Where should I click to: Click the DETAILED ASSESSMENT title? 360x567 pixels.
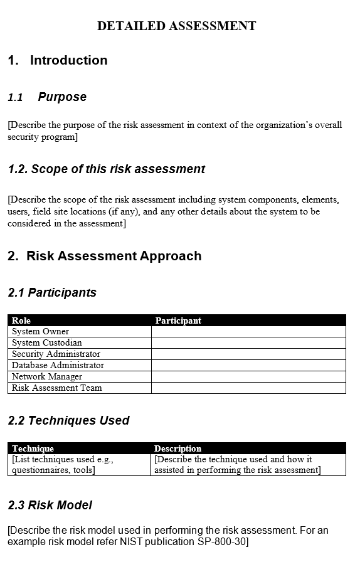pos(176,26)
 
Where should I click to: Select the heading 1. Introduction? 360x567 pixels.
pos(58,60)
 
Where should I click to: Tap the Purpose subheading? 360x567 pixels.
pos(62,97)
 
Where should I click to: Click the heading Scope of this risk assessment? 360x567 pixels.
pos(107,169)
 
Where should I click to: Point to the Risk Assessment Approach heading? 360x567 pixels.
pos(105,256)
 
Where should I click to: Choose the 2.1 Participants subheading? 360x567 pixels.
pos(53,292)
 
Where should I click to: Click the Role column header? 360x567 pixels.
pos(21,321)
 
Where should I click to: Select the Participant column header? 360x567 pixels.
pos(178,321)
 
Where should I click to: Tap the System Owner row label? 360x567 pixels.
pos(40,331)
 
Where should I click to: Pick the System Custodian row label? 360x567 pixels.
pos(46,342)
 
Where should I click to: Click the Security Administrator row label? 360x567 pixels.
pos(56,354)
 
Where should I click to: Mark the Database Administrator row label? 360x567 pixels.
pos(58,365)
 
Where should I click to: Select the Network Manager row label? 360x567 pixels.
pos(46,376)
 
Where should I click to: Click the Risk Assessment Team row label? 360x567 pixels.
pos(56,388)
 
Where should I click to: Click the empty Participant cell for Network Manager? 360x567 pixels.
pos(248,376)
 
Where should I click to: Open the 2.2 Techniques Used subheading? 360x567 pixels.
pos(69,420)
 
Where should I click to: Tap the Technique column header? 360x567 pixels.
pos(33,448)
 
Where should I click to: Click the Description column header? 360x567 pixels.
pos(177,448)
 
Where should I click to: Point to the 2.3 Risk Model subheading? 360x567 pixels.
pos(50,505)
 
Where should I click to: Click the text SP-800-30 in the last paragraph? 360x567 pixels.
pos(223,541)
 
